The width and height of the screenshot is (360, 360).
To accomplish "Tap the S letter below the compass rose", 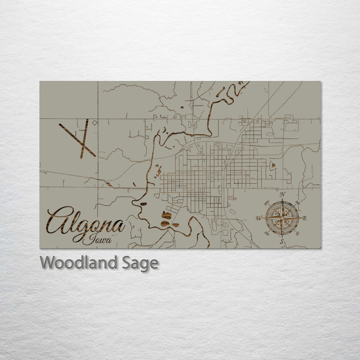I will coord(282,242).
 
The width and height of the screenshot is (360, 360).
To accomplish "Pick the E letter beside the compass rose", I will coord(305,218).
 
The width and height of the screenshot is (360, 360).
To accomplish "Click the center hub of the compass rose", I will coord(282,218).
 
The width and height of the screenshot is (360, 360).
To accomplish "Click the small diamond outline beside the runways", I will coord(95,123).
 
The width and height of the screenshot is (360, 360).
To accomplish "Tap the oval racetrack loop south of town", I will coord(214,226).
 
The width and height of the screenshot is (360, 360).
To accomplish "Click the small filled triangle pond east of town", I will coord(273,165).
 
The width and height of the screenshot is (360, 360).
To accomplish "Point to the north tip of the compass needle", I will coord(282,199).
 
